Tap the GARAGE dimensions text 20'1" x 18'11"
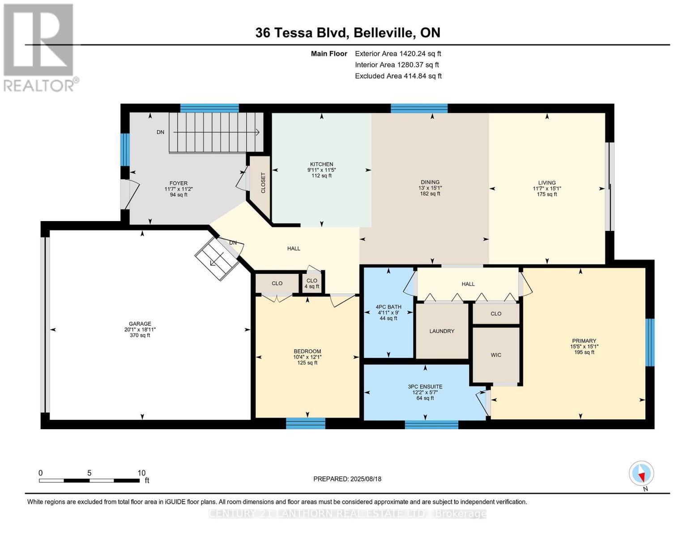(140, 329)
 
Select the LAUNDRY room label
(442, 331)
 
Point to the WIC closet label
(496, 355)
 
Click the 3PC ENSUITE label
(425, 387)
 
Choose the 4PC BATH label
(388, 307)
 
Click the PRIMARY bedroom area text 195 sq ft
(584, 352)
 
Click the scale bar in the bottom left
(89, 481)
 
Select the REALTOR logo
(39, 47)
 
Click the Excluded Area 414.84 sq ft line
(398, 76)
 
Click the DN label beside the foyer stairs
(160, 132)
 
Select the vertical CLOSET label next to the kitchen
(263, 183)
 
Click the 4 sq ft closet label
(312, 286)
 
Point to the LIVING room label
(547, 183)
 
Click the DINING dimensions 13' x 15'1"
(430, 188)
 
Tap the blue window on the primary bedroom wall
(650, 342)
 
